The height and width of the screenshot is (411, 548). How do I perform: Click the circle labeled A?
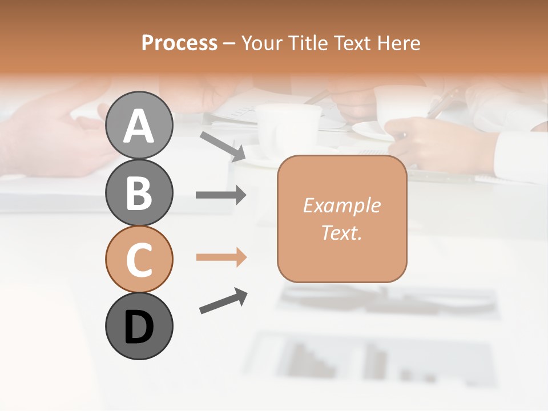click(x=139, y=125)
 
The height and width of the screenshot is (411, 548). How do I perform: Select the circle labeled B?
click(x=139, y=192)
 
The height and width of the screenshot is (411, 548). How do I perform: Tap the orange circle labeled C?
click(x=139, y=259)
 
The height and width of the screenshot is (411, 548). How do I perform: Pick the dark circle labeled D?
click(x=139, y=326)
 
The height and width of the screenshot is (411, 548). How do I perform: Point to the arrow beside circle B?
click(x=221, y=195)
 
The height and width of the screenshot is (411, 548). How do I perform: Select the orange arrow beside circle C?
click(x=221, y=257)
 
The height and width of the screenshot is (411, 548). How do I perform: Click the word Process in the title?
click(x=179, y=43)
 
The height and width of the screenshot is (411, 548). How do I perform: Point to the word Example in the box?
click(x=341, y=205)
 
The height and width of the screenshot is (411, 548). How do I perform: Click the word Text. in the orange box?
click(x=341, y=232)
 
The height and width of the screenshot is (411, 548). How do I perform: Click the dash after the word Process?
click(x=229, y=43)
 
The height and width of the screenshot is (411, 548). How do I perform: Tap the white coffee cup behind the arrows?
click(x=288, y=128)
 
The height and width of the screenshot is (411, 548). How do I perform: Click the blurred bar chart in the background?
click(x=365, y=360)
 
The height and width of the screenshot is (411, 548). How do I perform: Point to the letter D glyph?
click(x=139, y=327)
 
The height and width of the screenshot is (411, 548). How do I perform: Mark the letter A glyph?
click(x=139, y=126)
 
